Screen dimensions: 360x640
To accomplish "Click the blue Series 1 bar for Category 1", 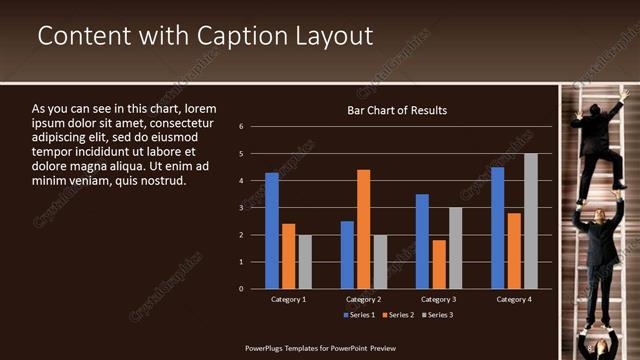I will (x=272, y=230).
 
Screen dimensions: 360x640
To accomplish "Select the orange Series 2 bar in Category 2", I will (x=363, y=229).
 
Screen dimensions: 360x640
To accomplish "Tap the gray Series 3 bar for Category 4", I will (x=531, y=221).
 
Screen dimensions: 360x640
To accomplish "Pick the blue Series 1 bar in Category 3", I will (x=422, y=241).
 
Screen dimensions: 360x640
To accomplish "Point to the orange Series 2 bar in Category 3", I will (x=438, y=264).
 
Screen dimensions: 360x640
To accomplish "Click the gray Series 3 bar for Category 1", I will (x=305, y=262).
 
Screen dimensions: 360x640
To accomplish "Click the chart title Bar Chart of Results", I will (x=397, y=110).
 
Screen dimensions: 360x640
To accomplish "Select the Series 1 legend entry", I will (x=360, y=315).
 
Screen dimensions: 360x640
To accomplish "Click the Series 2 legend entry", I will (x=397, y=315).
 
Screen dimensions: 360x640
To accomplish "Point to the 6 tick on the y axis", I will (x=242, y=127).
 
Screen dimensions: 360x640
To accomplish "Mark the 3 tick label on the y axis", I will (x=242, y=208).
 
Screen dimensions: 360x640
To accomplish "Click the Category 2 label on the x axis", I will (x=363, y=299).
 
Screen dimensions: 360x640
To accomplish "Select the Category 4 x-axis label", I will (x=514, y=299).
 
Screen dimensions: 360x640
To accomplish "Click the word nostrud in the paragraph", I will (x=161, y=181).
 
